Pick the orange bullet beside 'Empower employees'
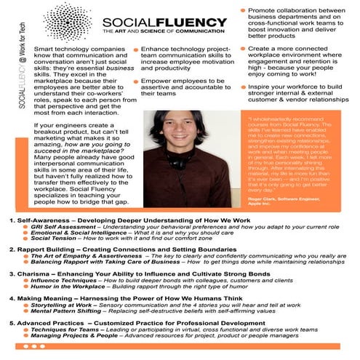coord(135,82)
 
